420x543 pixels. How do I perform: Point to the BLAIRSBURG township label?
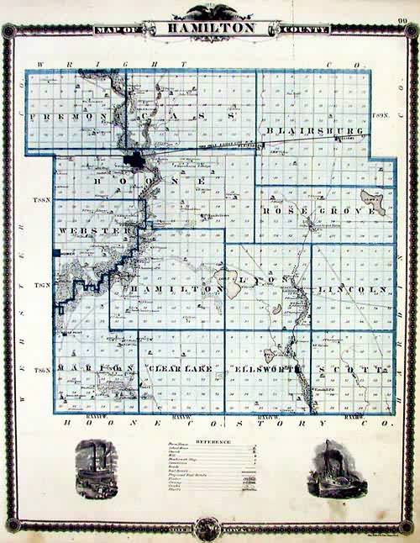(x=314, y=132)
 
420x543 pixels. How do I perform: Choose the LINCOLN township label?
(x=353, y=288)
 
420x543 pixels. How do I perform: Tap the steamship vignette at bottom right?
(x=335, y=467)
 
